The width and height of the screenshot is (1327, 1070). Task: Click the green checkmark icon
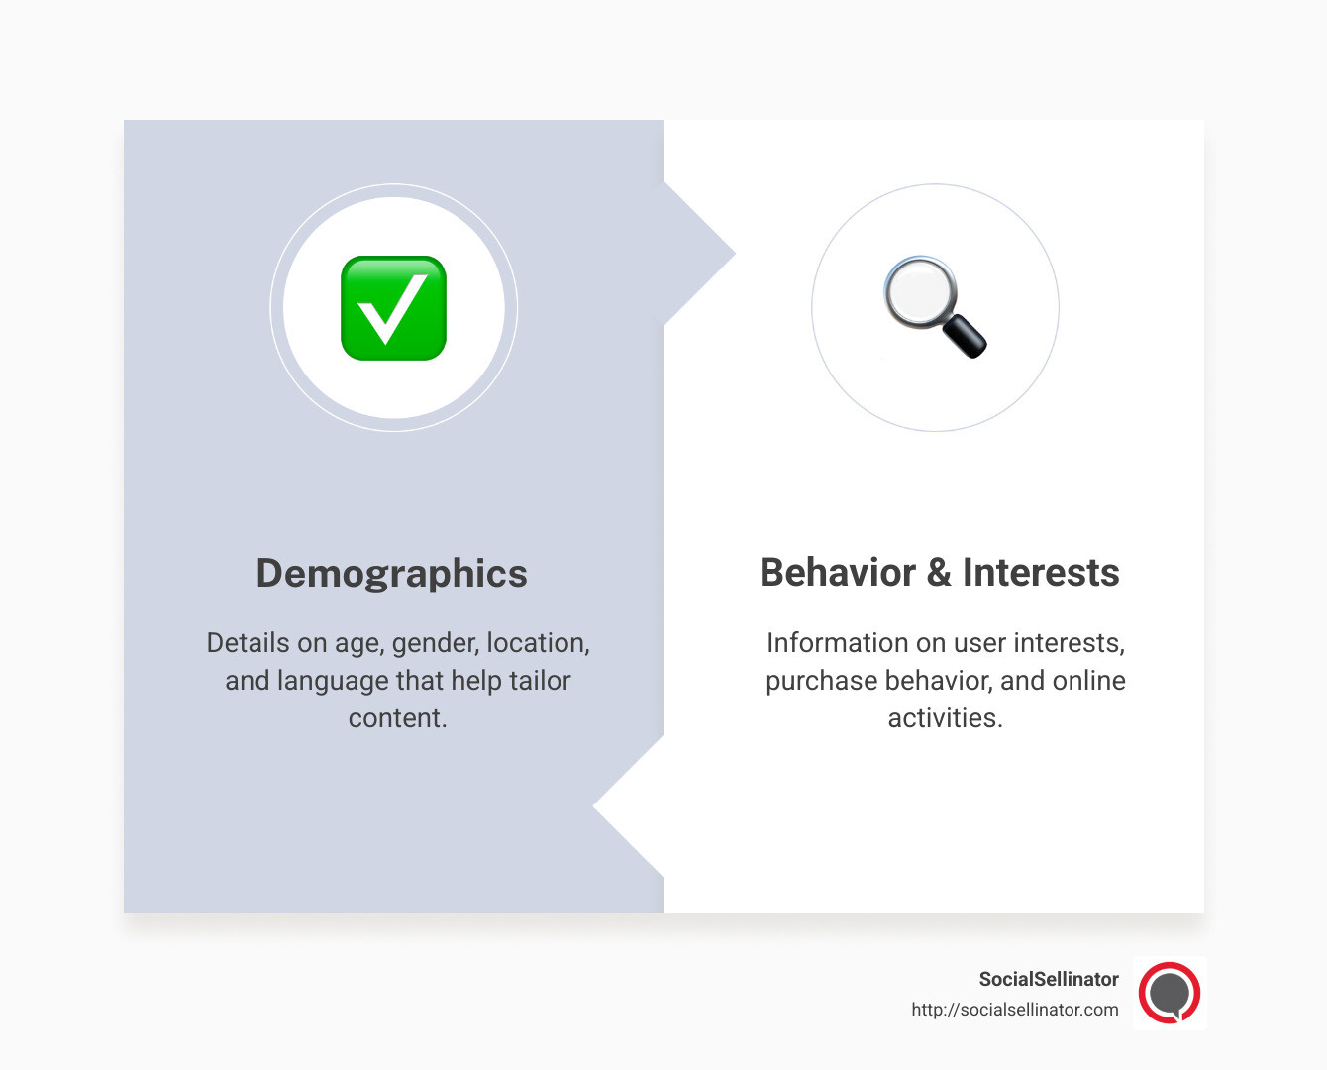tap(393, 308)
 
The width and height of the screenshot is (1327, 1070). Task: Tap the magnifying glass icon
tap(934, 306)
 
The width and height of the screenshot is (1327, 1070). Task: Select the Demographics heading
tap(392, 574)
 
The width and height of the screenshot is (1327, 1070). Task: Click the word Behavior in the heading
tap(838, 573)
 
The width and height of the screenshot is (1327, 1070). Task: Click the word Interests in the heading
tap(1041, 573)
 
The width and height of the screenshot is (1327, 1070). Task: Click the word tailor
tap(540, 681)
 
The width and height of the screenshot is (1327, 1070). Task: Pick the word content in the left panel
tap(397, 718)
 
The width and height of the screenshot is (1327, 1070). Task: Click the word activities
tap(945, 718)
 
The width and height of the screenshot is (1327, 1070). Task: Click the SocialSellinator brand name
tap(1049, 979)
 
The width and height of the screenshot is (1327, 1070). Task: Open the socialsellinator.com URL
tap(1015, 1010)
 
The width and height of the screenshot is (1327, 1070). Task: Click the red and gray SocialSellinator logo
tap(1170, 993)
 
